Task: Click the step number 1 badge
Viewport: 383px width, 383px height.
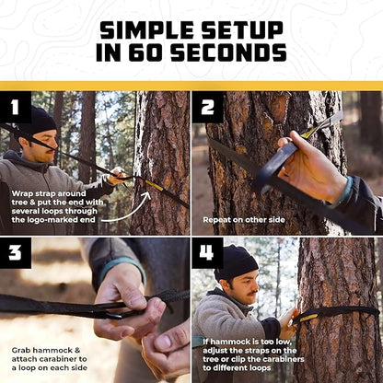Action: click(16, 106)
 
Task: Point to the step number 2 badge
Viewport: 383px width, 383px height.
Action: click(207, 106)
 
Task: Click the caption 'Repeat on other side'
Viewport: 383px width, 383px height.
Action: click(241, 222)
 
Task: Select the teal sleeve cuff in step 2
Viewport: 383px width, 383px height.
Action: click(344, 191)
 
